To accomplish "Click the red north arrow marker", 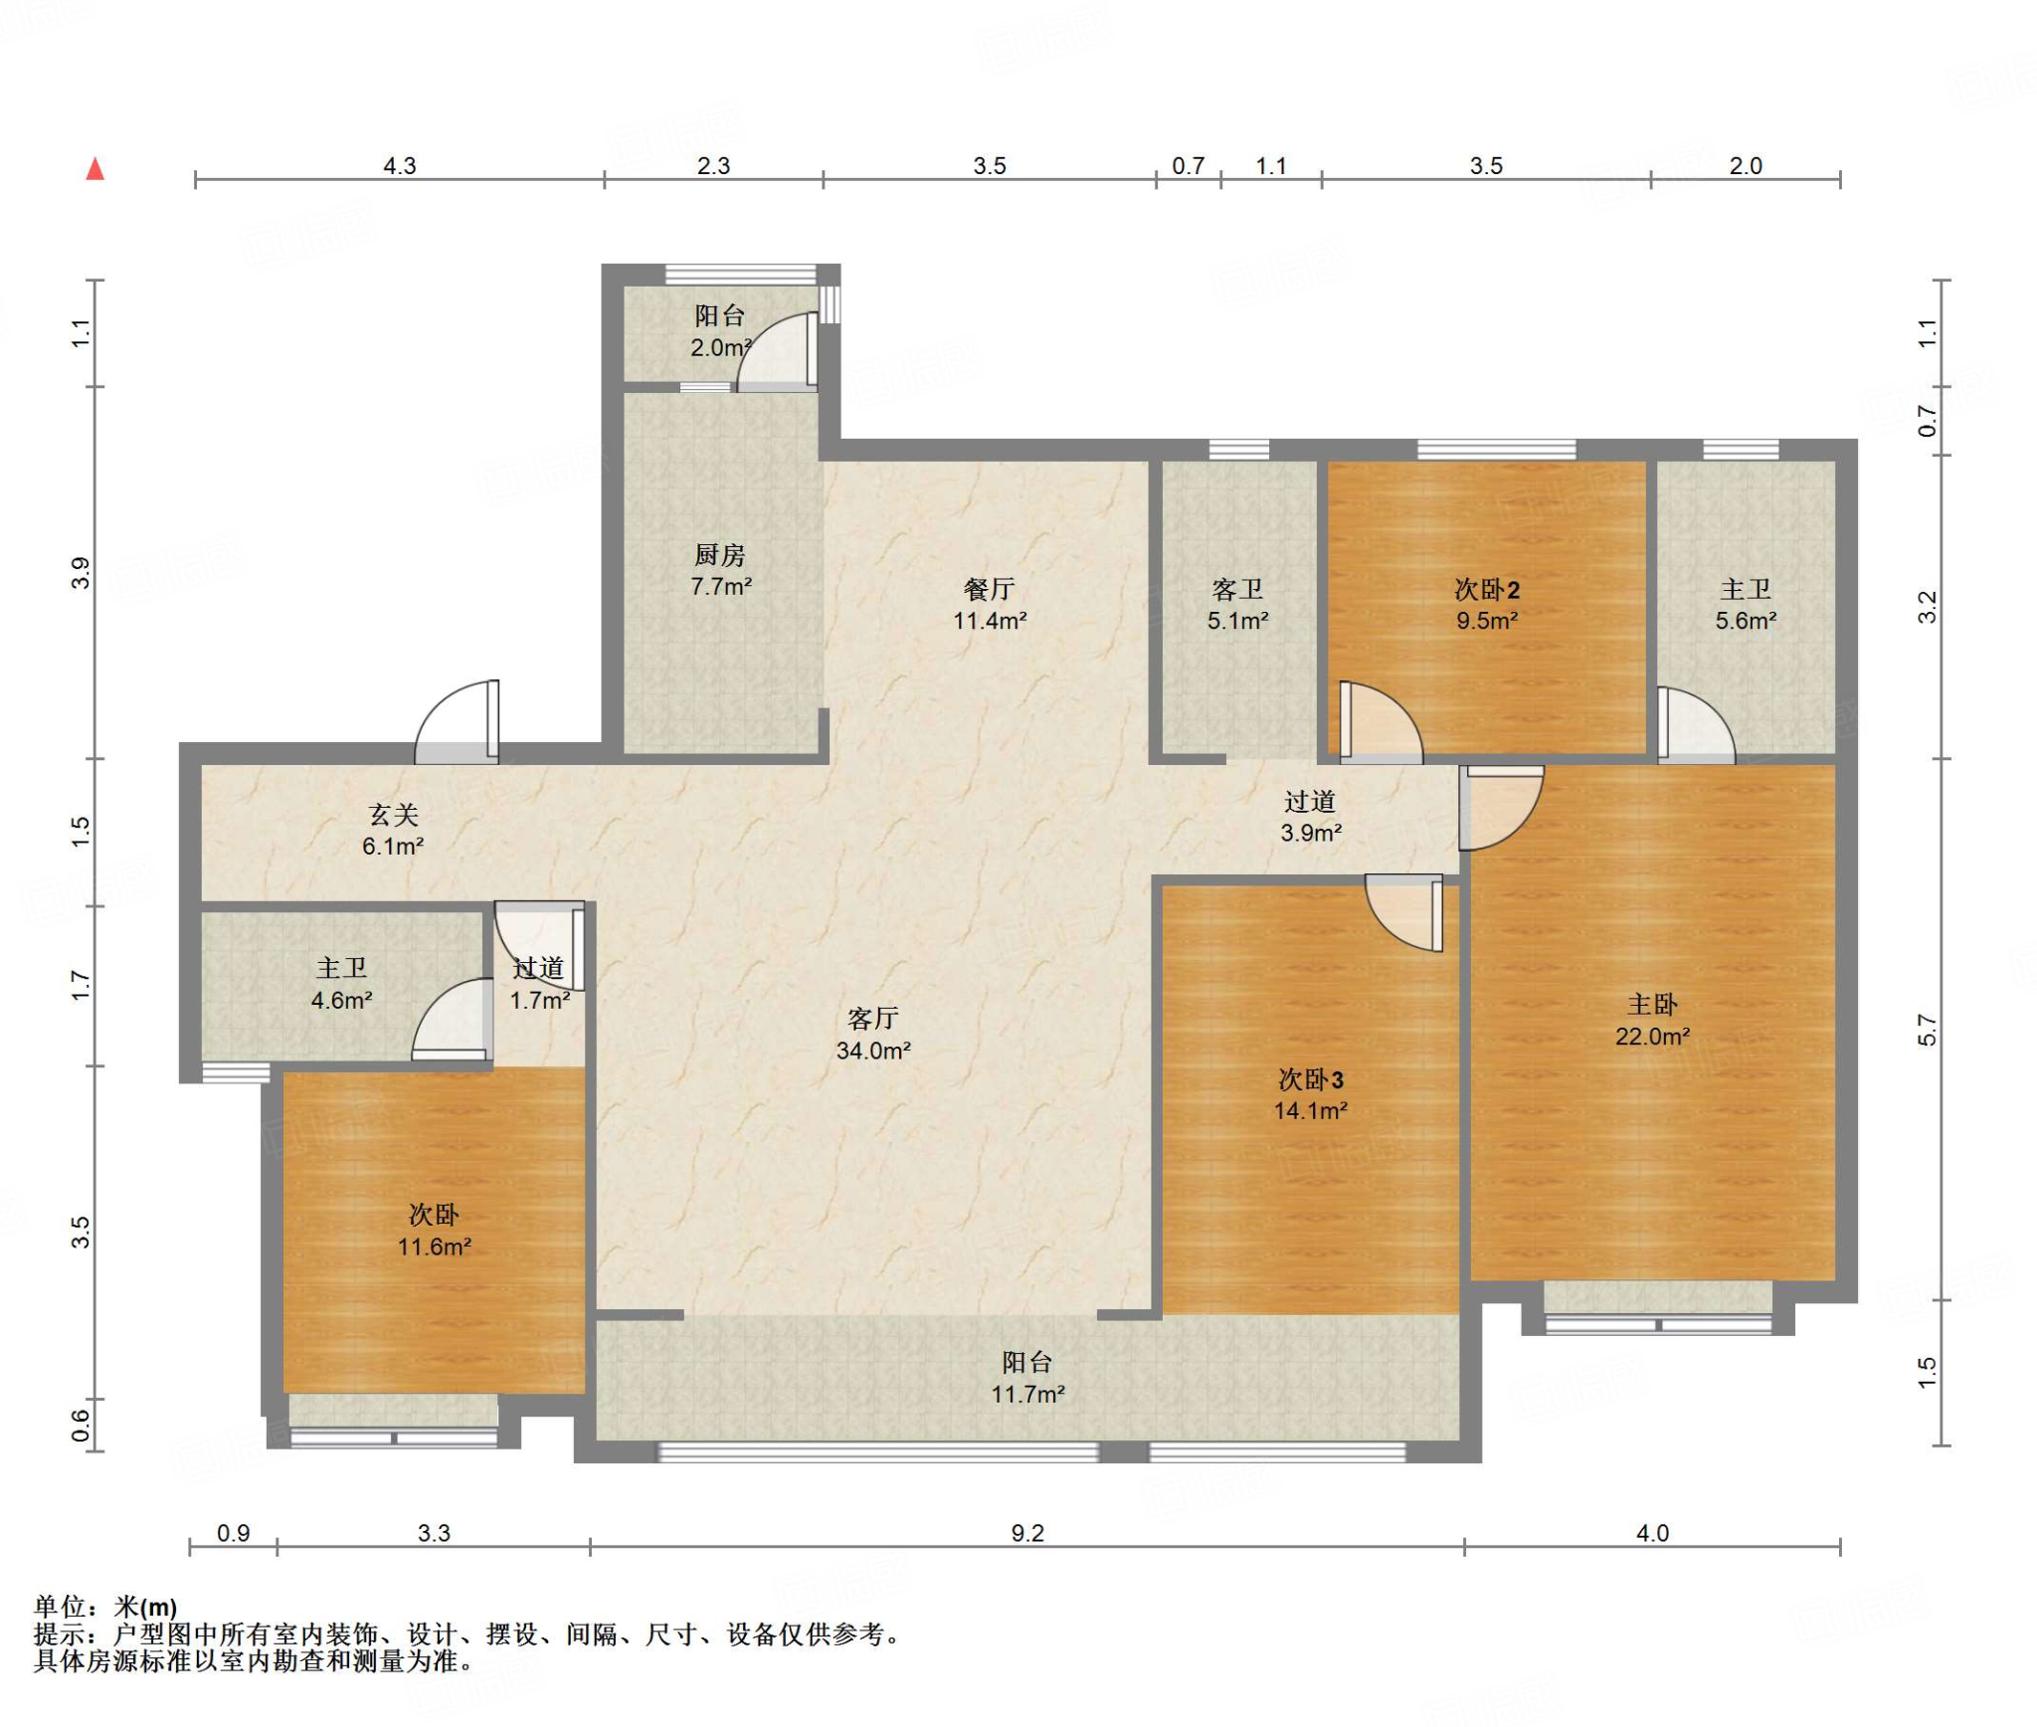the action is click(95, 169).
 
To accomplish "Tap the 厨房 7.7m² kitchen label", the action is click(721, 571).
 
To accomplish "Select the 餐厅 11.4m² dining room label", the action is click(990, 605).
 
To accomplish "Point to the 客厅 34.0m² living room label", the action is click(873, 1034).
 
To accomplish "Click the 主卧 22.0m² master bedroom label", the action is click(1652, 1020).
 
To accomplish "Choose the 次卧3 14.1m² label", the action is click(1311, 1094).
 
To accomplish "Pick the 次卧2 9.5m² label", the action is click(1487, 605).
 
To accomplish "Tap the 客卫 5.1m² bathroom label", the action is click(1238, 605).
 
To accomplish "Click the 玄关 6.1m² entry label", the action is click(393, 831).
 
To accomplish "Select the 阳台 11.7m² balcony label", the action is click(1027, 1378).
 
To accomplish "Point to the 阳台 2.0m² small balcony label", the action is click(721, 331).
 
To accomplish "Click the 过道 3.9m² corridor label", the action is click(1311, 817).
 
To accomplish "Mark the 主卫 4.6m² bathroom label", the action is click(341, 984).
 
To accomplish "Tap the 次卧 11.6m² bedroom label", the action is click(434, 1231).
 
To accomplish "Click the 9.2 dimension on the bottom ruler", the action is click(1027, 1533).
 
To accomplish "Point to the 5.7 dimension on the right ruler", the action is click(1927, 1030).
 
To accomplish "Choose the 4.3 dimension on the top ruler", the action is click(400, 166).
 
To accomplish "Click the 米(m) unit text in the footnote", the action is click(146, 1608).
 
